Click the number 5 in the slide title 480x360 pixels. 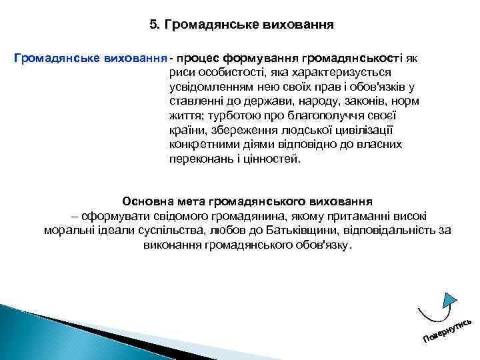154,25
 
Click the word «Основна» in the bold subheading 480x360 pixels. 145,201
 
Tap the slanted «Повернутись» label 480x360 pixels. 448,327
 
